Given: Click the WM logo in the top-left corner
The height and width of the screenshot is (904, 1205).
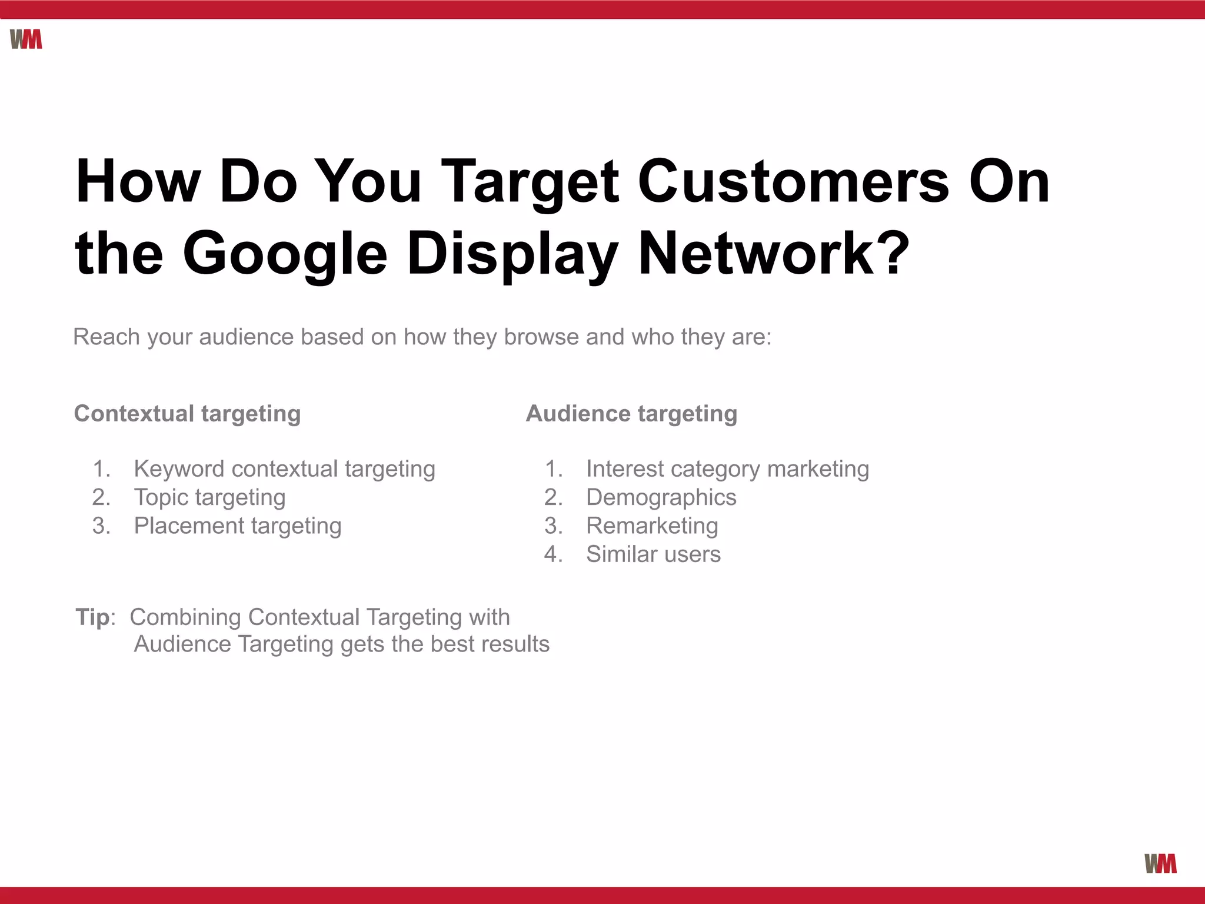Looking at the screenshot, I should click(26, 39).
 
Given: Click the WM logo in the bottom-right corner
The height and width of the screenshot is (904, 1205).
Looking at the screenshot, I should click(1160, 863).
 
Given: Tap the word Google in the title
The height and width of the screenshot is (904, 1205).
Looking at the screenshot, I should click(285, 254).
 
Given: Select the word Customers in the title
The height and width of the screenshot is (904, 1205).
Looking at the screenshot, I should click(794, 182).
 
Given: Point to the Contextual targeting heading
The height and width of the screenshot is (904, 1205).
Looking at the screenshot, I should click(187, 414).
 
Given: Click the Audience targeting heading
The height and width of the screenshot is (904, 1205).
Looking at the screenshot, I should click(631, 414).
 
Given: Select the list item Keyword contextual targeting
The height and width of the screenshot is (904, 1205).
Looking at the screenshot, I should click(285, 469).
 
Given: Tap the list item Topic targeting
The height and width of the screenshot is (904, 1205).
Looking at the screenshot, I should click(210, 498).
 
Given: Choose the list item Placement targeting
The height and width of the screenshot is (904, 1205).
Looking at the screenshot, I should click(238, 526).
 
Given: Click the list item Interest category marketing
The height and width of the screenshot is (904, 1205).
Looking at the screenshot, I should click(727, 469).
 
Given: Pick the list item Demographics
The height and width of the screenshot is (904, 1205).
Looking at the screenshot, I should click(661, 498).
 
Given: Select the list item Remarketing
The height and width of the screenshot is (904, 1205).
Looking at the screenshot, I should click(652, 526).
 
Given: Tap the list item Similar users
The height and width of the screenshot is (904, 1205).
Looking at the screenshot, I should click(653, 554).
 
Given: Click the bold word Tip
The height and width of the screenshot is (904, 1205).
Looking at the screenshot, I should click(93, 617).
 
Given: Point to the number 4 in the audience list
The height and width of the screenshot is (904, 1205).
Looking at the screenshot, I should click(552, 554).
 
